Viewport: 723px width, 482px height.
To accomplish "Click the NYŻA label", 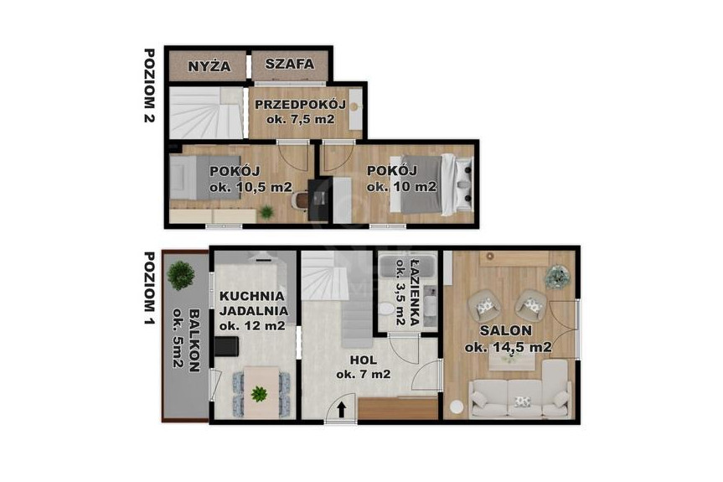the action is pos(209,66).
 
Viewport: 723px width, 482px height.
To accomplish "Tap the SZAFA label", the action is pos(290,64).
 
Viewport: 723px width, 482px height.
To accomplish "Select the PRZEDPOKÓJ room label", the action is pos(300,104).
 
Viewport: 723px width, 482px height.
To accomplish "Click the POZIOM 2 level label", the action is pos(149,86).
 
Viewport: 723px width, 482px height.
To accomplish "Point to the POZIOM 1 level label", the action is pos(149,288).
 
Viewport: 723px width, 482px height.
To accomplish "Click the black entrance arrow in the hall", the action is pos(342,409).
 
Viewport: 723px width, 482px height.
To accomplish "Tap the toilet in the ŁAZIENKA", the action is pos(384,308).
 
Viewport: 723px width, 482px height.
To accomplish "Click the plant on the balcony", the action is pos(181,275).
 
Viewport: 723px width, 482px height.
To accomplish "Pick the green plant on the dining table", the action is pos(259,394).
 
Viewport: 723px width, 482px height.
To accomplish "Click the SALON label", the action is pos(506,331).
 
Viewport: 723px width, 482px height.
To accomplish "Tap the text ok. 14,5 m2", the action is pos(509,347).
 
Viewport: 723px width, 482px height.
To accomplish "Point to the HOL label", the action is pos(364,360).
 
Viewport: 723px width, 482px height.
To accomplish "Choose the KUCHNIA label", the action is pos(252,296).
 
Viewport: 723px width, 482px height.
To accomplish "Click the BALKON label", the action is pos(194,340).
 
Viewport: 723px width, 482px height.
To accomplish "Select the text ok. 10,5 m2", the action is pos(250,187).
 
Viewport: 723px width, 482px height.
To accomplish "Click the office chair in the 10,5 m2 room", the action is pos(300,200).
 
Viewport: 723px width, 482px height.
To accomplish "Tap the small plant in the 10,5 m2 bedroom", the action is pos(266,212).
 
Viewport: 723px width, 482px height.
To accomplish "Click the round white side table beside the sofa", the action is pos(457,407).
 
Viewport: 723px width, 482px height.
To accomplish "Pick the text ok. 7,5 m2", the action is pos(300,120).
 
